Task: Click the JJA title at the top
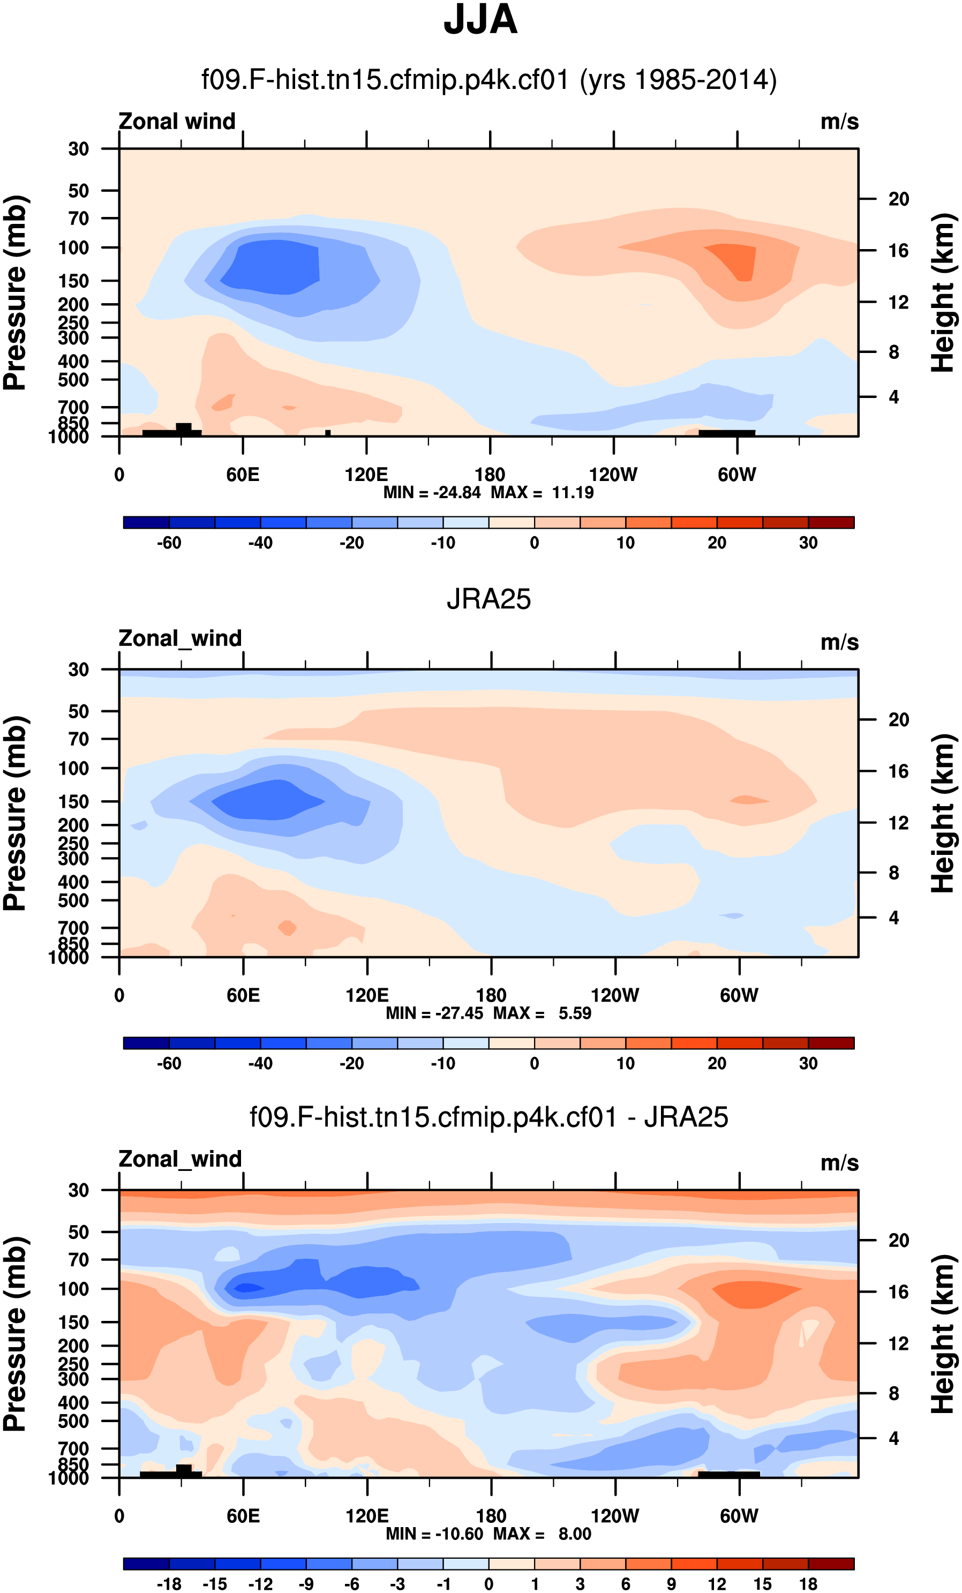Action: [x=480, y=20]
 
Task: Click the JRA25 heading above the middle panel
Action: [x=488, y=599]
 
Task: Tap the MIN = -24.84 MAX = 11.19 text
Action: [x=488, y=493]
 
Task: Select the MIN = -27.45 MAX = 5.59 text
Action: [x=488, y=1013]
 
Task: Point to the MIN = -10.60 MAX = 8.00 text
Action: [x=488, y=1534]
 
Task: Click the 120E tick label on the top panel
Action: [x=366, y=475]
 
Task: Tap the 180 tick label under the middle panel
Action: [x=491, y=996]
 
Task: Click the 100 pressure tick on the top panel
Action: [x=74, y=247]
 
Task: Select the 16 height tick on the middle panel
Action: [x=899, y=771]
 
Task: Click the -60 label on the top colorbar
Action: [x=169, y=543]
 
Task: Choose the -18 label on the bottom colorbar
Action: [x=169, y=1584]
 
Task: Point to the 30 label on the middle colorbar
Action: [x=808, y=1063]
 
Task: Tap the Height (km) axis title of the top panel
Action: [x=943, y=292]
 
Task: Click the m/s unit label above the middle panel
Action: [x=839, y=643]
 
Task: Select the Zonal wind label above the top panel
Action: [x=177, y=122]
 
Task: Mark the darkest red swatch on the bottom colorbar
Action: [x=831, y=1563]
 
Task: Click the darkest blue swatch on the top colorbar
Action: [x=146, y=522]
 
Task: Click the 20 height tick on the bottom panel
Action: [x=899, y=1240]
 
